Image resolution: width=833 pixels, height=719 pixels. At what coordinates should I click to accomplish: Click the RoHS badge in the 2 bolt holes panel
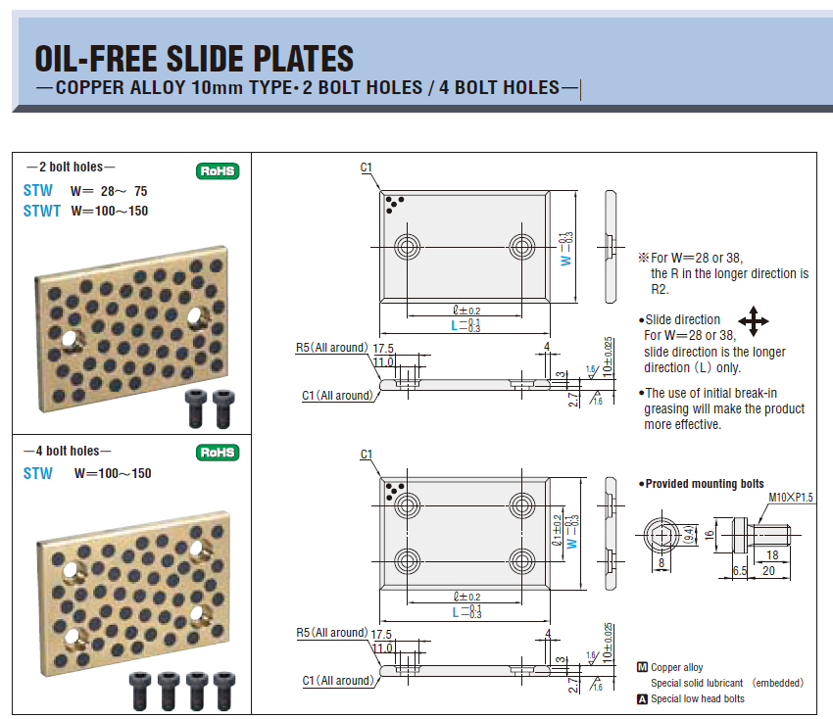coord(218,171)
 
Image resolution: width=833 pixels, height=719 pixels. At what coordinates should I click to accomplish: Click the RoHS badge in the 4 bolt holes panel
coord(218,453)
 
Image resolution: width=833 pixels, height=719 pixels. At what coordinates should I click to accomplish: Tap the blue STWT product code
coord(42,211)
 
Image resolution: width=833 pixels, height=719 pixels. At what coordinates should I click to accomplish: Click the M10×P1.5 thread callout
coord(791,497)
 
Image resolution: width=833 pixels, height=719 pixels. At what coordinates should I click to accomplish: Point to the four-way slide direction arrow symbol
coord(754,320)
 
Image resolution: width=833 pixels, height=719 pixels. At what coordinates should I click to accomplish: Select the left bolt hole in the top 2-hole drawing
coord(408,247)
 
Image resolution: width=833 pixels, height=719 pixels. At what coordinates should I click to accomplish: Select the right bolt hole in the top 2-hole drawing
coord(521,247)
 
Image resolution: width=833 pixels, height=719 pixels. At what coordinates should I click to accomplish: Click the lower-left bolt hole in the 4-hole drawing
coord(408,561)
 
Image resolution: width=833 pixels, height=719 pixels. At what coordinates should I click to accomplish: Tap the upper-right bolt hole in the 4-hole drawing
coord(521,505)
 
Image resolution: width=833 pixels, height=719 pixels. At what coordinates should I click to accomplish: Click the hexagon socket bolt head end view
coord(661,535)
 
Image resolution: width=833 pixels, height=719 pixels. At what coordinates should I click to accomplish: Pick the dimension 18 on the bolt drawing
coord(772,554)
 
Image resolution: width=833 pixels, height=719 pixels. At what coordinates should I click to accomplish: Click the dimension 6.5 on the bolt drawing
coord(740,571)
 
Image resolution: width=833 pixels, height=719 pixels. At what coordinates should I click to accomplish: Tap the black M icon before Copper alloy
coord(642,667)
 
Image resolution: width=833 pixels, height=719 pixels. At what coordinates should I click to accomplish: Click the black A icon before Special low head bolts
coord(642,698)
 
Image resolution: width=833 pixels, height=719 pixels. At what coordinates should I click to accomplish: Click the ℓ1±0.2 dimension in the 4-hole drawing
coord(557,530)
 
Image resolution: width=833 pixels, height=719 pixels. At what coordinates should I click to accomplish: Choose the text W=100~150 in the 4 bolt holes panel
coord(113,473)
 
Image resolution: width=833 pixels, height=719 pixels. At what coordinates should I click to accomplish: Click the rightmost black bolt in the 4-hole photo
coord(223,691)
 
